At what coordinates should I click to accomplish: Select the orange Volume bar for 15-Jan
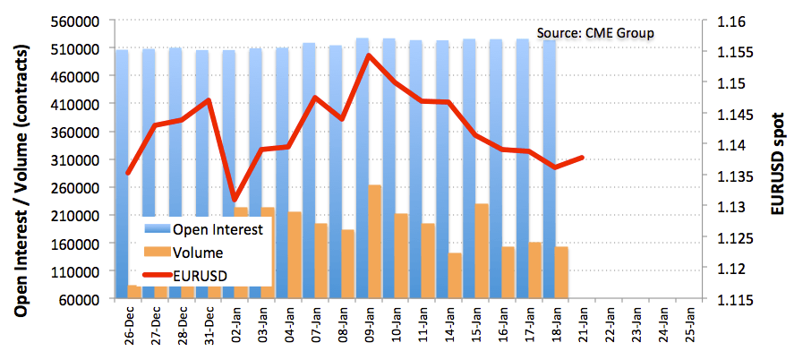(x=482, y=251)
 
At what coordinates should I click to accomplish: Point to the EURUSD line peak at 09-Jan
(x=369, y=56)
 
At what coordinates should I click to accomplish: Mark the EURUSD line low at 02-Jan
(x=235, y=199)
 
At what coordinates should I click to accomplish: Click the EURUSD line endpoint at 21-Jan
(x=583, y=157)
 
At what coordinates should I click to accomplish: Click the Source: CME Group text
(x=595, y=33)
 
